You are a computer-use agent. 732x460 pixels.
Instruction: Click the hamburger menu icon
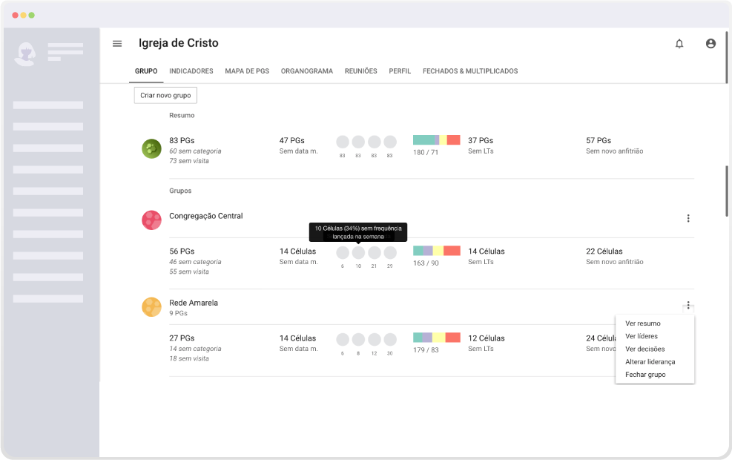117,44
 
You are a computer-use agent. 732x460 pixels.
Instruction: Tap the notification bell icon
679,44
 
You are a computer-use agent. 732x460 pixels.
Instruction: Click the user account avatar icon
710,44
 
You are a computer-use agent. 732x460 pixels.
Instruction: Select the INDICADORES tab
191,71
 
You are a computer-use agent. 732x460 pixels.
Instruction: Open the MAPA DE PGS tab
247,71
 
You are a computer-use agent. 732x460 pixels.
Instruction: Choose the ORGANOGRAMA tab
307,71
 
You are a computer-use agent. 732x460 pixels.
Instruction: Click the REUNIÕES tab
361,71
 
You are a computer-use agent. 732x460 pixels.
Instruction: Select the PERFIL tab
400,71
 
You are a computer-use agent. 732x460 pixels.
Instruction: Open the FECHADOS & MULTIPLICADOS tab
470,71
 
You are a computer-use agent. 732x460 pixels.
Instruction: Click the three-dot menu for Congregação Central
688,218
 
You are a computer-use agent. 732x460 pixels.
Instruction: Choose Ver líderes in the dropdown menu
642,336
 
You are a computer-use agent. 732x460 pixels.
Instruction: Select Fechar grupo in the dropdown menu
645,375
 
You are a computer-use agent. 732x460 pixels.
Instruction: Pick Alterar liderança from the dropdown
650,362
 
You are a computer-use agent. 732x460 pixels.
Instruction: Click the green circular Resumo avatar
152,149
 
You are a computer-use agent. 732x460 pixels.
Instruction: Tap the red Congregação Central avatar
152,220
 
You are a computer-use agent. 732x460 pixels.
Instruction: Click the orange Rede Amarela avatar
152,307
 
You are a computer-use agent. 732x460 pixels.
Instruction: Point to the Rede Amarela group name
194,303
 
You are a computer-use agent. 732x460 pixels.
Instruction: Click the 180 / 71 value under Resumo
425,152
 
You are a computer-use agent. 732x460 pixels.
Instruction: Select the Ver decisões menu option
644,349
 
